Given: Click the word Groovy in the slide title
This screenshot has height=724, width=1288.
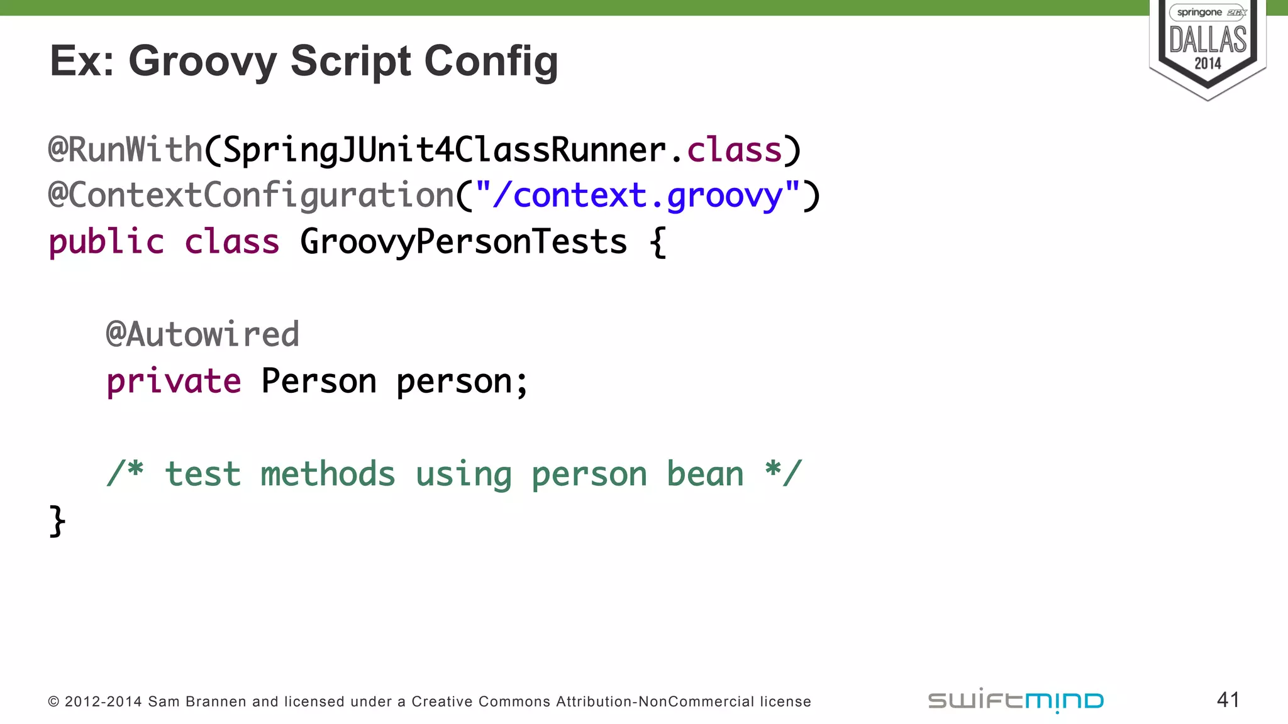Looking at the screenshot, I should click(x=203, y=62).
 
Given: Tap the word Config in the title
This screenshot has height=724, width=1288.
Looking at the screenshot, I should click(x=491, y=62).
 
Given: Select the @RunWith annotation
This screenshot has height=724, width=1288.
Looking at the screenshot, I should click(x=126, y=150).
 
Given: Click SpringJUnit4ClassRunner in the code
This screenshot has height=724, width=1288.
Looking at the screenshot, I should click(x=444, y=150).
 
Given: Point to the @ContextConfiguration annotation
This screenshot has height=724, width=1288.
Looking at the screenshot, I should click(x=252, y=195).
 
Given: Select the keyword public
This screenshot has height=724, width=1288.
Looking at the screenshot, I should click(x=106, y=242).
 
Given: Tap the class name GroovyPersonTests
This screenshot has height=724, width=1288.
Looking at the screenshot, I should click(x=464, y=242).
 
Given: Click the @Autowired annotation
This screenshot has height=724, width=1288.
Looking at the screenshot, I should click(x=203, y=334).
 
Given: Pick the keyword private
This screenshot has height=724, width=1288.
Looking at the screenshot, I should click(x=174, y=381).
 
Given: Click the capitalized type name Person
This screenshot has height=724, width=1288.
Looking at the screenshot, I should click(x=319, y=381).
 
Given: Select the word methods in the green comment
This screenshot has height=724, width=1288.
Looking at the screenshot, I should click(x=328, y=474).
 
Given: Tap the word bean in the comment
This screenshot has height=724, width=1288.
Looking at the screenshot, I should click(x=705, y=474).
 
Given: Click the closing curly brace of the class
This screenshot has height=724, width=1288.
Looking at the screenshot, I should click(x=57, y=521).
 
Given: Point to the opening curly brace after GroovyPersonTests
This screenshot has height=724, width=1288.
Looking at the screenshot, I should click(x=658, y=242).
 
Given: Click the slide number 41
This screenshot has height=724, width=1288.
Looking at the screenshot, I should click(x=1228, y=699).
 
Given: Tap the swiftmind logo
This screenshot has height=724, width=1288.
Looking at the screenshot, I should click(x=1016, y=700).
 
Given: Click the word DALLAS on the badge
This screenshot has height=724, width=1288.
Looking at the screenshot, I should click(x=1207, y=39).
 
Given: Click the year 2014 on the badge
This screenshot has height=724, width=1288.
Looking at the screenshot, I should click(x=1207, y=63).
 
